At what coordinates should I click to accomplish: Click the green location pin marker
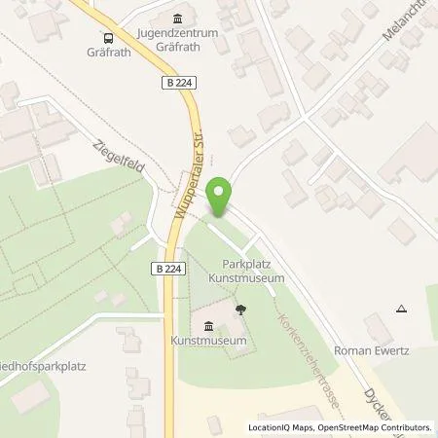click(x=222, y=196)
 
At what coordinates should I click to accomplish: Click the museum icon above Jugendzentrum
click(x=176, y=19)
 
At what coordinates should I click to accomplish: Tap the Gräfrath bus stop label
click(x=108, y=54)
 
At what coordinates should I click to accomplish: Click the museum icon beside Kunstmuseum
click(x=207, y=326)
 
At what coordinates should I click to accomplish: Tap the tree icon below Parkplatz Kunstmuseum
click(x=241, y=309)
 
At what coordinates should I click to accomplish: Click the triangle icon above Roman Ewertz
click(x=402, y=309)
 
